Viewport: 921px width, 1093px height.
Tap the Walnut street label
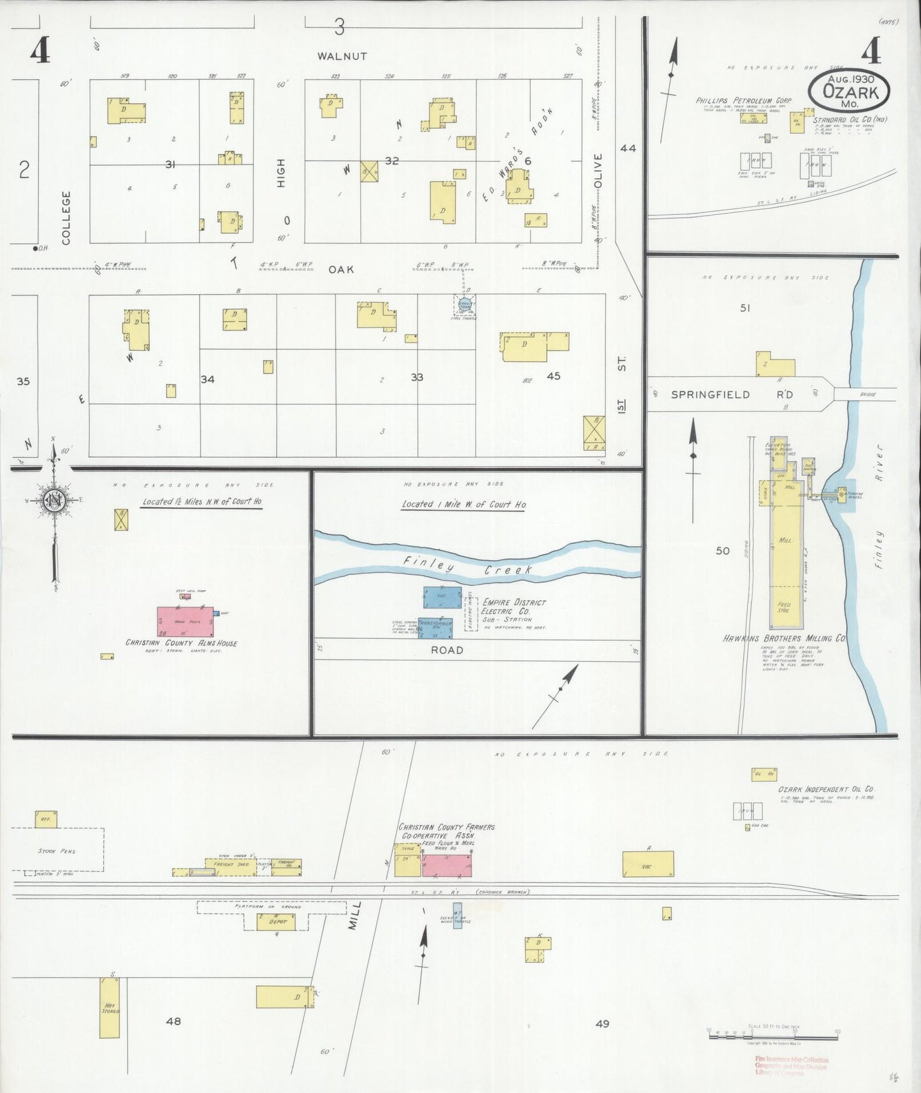tap(342, 56)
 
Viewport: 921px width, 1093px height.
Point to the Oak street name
tap(341, 270)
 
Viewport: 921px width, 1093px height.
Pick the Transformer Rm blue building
tap(435, 626)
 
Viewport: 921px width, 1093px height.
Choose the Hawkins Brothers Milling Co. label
tap(785, 638)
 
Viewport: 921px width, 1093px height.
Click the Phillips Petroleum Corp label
tap(743, 101)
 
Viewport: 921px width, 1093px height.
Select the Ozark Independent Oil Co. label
tap(826, 789)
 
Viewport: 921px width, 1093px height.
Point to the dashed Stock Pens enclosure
tap(57, 850)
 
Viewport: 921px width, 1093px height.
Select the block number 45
tap(553, 376)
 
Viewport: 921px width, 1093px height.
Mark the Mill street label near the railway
tap(355, 914)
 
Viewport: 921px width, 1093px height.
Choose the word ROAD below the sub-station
tap(447, 650)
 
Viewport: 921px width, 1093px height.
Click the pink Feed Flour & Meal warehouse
tap(447, 865)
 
